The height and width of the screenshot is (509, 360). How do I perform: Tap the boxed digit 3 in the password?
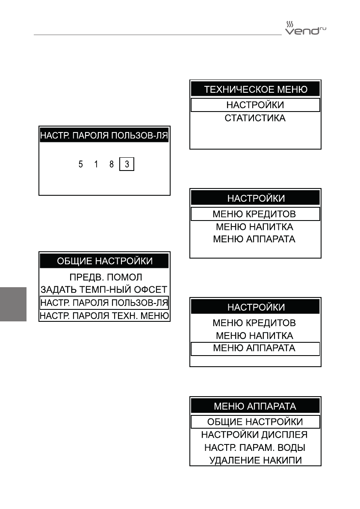(127, 164)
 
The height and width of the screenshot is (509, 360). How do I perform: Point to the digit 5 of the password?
(81, 164)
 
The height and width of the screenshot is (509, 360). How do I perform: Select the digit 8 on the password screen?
(112, 164)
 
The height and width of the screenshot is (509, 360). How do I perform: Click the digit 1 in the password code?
(96, 164)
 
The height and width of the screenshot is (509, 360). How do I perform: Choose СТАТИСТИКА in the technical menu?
(255, 118)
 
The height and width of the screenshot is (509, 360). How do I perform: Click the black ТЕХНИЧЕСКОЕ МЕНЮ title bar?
(255, 90)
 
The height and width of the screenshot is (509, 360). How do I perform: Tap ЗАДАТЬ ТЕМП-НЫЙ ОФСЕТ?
(105, 289)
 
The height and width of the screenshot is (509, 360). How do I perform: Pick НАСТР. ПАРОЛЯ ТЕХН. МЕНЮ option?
(105, 316)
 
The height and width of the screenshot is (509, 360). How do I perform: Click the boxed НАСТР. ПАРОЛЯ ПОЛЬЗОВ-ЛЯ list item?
(105, 303)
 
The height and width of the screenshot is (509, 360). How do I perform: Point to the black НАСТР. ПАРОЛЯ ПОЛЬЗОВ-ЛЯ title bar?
(105, 136)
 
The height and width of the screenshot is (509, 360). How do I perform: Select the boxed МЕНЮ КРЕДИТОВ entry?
(255, 214)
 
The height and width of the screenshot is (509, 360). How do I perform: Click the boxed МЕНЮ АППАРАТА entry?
(255, 348)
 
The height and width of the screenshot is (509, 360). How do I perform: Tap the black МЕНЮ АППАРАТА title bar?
(255, 406)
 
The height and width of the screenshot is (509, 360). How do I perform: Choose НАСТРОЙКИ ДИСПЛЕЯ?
(255, 435)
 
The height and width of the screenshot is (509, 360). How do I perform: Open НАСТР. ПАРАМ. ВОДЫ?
(255, 447)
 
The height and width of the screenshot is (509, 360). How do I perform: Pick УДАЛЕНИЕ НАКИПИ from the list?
(255, 460)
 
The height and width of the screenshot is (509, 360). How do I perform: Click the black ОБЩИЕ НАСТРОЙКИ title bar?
(105, 261)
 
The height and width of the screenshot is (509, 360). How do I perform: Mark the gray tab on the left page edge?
(13, 304)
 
